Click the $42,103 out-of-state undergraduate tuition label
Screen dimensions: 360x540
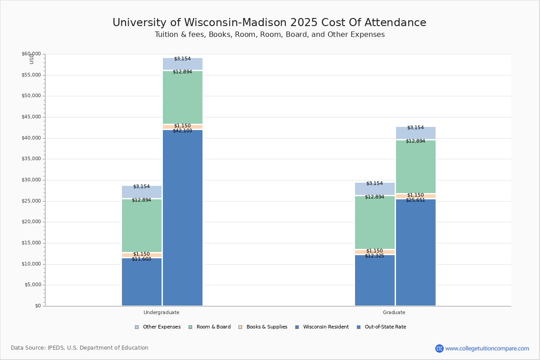pyautogui.click(x=182, y=131)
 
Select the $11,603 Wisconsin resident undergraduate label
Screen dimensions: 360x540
pyautogui.click(x=141, y=259)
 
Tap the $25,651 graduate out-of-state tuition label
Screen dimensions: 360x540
pyautogui.click(x=415, y=200)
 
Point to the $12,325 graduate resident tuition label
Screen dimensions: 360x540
pyautogui.click(x=374, y=256)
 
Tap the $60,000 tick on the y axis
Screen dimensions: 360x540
pyautogui.click(x=31, y=54)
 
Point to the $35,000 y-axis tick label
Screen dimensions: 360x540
pyautogui.click(x=31, y=159)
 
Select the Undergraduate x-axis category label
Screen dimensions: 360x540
pyautogui.click(x=162, y=312)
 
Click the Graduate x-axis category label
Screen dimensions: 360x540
pyautogui.click(x=394, y=312)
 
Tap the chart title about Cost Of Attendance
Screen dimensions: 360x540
pyautogui.click(x=269, y=23)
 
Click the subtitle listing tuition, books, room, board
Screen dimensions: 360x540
pyautogui.click(x=270, y=35)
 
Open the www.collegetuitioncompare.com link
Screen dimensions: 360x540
pyautogui.click(x=487, y=348)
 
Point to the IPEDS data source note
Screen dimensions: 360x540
pyautogui.click(x=80, y=348)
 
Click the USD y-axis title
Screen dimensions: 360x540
pyautogui.click(x=31, y=59)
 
